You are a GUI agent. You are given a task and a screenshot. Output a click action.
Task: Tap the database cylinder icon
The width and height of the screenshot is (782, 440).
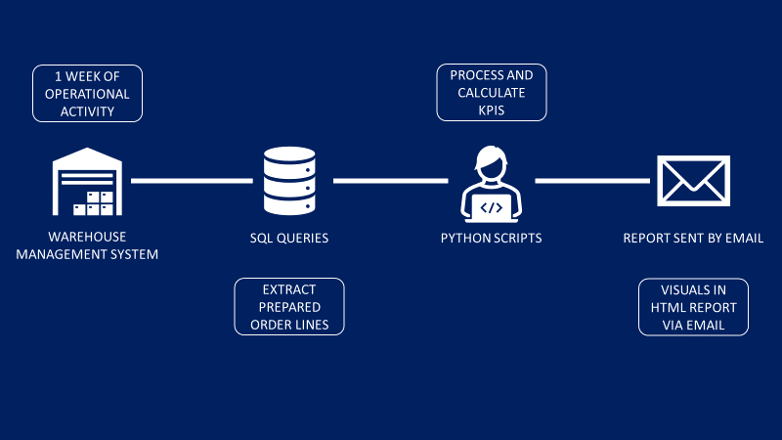click(290, 181)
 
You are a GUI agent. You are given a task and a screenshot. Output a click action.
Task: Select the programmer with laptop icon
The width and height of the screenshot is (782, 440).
click(491, 185)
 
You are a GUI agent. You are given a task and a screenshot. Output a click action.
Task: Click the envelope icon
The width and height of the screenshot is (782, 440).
click(693, 182)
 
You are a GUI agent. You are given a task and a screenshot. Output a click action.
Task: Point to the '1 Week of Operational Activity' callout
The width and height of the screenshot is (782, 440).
click(88, 94)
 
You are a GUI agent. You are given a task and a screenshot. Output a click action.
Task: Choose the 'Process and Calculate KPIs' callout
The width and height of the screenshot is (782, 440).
click(491, 93)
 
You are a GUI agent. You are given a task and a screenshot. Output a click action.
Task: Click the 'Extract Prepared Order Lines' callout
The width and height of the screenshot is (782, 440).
click(289, 307)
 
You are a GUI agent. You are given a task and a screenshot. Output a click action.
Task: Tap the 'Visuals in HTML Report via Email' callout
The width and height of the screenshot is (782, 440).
click(693, 307)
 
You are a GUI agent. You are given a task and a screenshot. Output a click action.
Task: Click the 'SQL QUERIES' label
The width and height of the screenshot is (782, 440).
click(289, 239)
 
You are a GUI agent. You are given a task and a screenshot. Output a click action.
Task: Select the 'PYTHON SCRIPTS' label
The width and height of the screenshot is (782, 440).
click(491, 239)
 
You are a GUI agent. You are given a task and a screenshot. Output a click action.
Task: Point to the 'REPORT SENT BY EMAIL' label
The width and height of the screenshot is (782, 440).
click(693, 239)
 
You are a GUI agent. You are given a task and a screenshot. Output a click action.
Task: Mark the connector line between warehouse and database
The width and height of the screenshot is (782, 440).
click(192, 181)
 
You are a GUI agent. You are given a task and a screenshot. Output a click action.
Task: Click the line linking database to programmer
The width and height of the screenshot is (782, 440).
click(391, 181)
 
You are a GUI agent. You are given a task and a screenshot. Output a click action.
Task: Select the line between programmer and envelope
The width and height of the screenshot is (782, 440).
click(592, 181)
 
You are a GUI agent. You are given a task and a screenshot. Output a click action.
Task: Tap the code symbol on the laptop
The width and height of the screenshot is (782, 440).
click(491, 206)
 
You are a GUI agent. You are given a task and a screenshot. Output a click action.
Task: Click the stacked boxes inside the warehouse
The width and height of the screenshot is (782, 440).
click(98, 202)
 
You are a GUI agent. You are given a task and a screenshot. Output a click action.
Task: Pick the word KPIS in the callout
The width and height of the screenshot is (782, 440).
click(492, 110)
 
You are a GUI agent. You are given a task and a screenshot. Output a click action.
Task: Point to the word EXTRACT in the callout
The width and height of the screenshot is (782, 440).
click(289, 289)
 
